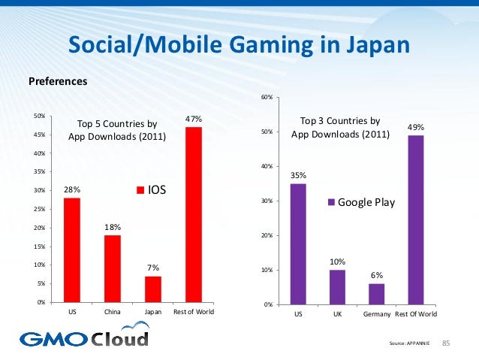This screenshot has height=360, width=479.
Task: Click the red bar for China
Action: pyautogui.click(x=113, y=268)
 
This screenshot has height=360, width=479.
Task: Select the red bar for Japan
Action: pyautogui.click(x=153, y=289)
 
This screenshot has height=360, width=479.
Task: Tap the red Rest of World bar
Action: pyautogui.click(x=194, y=214)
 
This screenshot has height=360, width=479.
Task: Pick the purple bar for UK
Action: pyautogui.click(x=337, y=287)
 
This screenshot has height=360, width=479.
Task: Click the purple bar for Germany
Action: pyautogui.click(x=376, y=294)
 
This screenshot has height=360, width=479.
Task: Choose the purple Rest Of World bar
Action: pyautogui.click(x=416, y=219)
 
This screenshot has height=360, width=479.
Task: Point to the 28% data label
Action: pyautogui.click(x=72, y=190)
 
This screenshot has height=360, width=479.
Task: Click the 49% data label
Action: pyautogui.click(x=416, y=128)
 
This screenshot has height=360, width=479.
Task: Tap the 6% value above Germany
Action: pyautogui.click(x=377, y=276)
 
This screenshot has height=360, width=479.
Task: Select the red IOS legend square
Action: pyautogui.click(x=139, y=190)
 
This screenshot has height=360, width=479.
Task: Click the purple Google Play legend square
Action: pyautogui.click(x=330, y=202)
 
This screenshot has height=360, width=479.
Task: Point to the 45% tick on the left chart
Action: pyautogui.click(x=41, y=135)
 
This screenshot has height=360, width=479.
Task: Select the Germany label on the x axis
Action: pyautogui.click(x=376, y=315)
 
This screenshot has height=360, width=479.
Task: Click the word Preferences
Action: pyautogui.click(x=58, y=81)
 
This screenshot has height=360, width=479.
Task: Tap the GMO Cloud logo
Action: pyautogui.click(x=84, y=337)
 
